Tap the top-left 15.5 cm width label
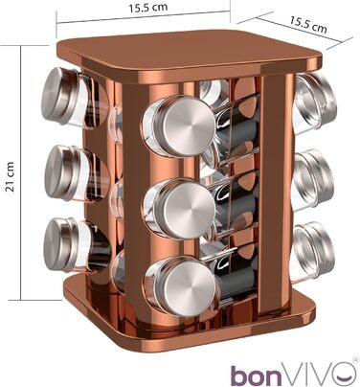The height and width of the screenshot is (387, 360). tap(147, 8)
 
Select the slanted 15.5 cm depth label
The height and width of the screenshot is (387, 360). tap(308, 24)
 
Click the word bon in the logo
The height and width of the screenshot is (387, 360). tap(257, 375)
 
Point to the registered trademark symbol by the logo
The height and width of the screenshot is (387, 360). tap(355, 360)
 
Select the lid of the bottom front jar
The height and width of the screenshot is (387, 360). tap(190, 286)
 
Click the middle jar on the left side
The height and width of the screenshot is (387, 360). tap(76, 174)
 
